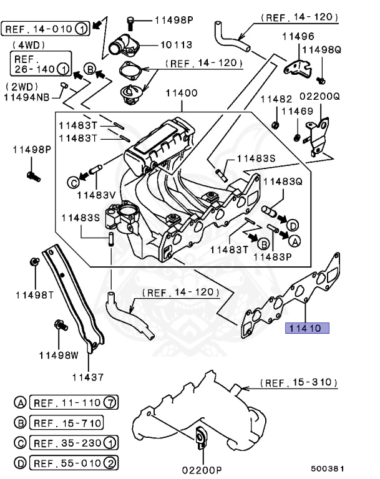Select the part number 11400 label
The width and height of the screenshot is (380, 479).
point(181,94)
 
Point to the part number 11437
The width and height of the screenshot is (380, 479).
point(87,377)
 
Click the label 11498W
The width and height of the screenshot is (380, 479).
point(59,356)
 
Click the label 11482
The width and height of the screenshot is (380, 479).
point(275,99)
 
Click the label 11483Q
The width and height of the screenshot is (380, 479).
point(282,181)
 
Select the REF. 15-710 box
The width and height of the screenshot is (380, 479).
point(67,423)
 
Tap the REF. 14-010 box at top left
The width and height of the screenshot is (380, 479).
point(46,28)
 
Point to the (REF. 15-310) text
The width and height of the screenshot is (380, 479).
point(298,382)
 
